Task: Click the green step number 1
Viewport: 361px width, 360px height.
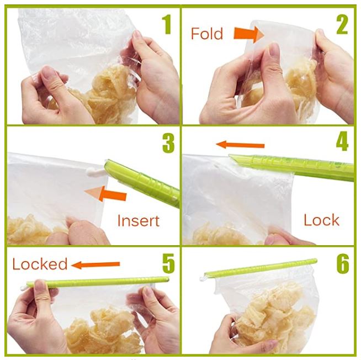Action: point(167,24)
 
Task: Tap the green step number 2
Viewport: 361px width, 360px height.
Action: point(342,24)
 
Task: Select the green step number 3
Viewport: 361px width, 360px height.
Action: point(168,143)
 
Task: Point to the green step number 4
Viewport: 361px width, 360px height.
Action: point(342,141)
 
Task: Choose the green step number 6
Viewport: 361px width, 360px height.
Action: point(343,263)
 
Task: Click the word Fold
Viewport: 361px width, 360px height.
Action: point(207,34)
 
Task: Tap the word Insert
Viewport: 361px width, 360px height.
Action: point(139,221)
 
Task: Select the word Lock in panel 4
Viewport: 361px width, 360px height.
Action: point(321,220)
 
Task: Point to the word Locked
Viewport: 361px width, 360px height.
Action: point(40,264)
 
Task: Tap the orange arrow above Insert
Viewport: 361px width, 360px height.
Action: point(105,193)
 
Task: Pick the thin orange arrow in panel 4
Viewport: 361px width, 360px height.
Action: point(240,145)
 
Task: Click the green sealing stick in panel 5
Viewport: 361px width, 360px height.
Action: point(98,282)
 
